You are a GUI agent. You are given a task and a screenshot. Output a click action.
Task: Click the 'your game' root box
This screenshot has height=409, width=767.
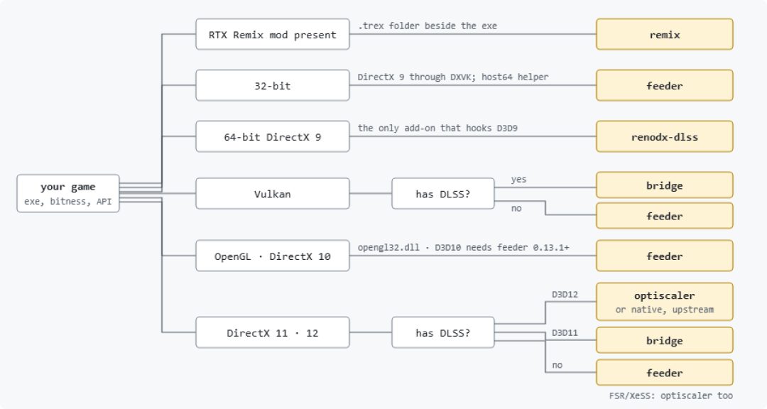pos(68,193)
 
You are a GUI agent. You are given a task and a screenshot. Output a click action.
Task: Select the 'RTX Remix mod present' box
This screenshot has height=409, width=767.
pos(273,34)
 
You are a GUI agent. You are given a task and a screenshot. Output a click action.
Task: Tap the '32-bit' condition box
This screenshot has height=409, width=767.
pos(273,85)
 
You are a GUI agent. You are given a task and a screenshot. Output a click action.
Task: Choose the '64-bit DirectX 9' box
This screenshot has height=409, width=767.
pos(273,136)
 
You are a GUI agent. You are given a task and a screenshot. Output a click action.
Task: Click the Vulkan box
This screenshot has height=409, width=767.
pos(273,194)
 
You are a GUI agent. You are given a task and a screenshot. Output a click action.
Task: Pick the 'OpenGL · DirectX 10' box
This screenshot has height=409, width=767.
pos(273,256)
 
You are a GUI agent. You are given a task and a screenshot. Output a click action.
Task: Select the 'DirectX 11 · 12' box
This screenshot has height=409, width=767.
pos(273,332)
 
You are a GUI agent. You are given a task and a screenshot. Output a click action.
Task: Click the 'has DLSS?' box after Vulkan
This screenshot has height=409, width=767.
pos(443,194)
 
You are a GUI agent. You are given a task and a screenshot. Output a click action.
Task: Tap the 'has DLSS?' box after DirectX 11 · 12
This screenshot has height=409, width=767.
pos(443,332)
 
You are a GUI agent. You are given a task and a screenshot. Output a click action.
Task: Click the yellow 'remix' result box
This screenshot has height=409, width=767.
pos(664,34)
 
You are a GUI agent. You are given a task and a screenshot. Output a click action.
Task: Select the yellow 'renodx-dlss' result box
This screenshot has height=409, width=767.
pos(664,136)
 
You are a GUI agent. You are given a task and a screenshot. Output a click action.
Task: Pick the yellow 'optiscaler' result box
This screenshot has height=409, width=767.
pos(664,301)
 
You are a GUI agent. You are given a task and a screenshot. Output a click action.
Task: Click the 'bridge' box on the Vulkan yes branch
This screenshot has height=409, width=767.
pos(664,185)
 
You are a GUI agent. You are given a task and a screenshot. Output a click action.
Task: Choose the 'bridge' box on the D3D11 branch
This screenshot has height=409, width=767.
pos(664,340)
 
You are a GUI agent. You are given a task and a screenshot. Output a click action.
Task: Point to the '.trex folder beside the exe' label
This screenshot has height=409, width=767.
pos(428,26)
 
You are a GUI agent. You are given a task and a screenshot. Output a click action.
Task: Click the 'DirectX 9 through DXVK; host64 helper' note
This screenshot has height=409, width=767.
pos(453,77)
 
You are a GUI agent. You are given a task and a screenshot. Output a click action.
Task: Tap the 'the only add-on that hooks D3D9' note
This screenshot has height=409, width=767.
pos(437,129)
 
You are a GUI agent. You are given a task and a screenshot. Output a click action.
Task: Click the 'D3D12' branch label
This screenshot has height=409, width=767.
pos(565,295)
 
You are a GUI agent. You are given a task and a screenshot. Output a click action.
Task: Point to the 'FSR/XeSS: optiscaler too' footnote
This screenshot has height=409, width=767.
pos(670,396)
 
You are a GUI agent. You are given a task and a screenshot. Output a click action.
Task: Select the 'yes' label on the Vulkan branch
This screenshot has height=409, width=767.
pos(518,180)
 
